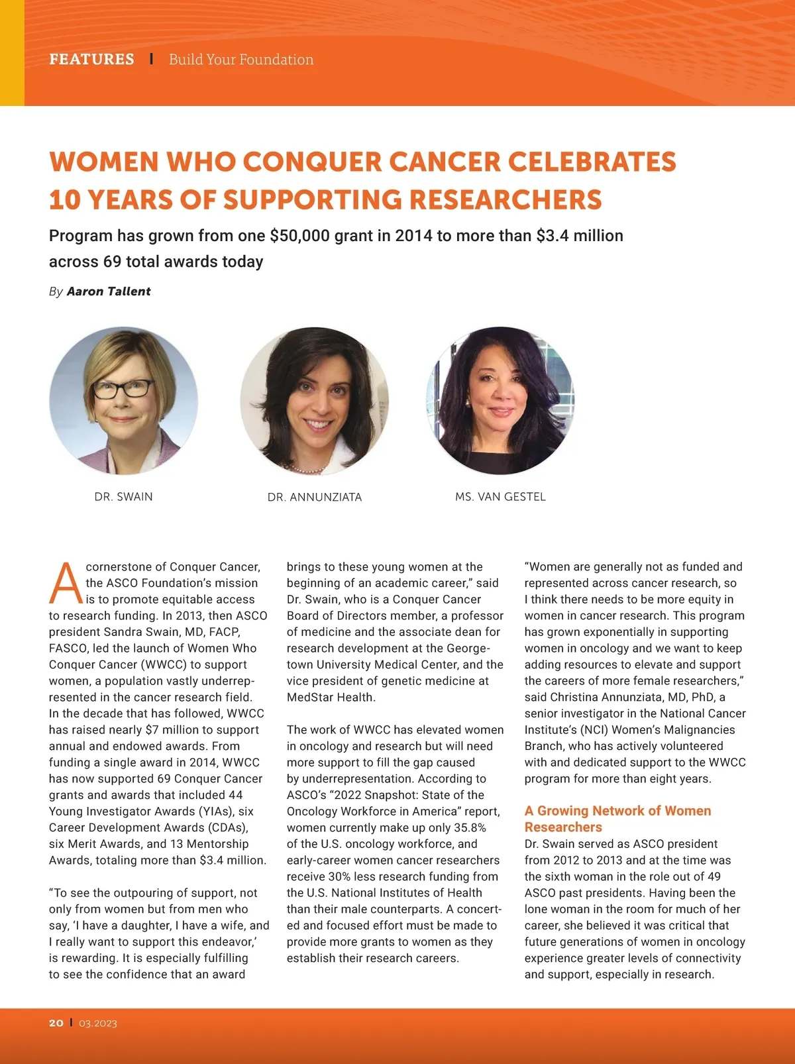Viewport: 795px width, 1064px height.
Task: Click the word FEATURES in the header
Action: (91, 60)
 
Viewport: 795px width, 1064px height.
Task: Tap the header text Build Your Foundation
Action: (241, 60)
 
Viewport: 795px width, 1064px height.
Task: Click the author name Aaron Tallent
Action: (109, 292)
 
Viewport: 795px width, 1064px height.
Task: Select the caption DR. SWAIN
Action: (123, 497)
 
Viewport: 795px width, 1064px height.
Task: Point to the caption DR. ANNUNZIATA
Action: (315, 498)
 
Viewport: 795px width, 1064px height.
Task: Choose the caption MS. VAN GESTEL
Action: (500, 497)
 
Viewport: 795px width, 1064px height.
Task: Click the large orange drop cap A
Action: (66, 584)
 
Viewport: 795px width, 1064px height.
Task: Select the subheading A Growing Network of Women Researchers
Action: (617, 819)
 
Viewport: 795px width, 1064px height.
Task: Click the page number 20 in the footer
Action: (56, 1023)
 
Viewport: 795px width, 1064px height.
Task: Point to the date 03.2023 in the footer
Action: (98, 1023)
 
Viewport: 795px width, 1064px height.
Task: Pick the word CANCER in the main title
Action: (445, 162)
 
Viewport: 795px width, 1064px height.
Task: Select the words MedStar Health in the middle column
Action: (331, 697)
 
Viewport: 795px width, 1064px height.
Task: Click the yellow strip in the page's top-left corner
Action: (12, 53)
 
